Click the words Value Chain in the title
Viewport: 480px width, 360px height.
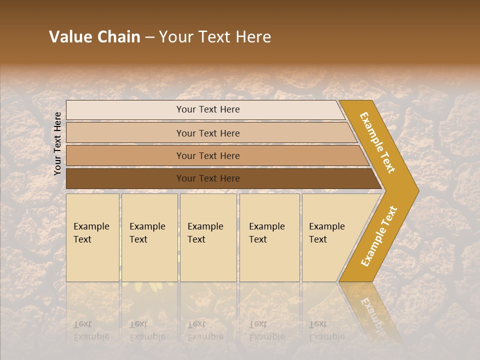[x=94, y=37]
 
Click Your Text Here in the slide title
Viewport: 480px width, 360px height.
[x=215, y=37]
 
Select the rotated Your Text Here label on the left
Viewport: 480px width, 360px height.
[x=57, y=143]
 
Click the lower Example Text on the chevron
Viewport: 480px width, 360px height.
[x=379, y=236]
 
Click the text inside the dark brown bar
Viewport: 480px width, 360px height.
[x=208, y=178]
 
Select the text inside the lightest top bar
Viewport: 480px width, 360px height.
[x=208, y=109]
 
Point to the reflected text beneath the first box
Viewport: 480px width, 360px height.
[x=91, y=330]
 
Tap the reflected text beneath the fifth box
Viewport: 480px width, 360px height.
[x=327, y=330]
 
